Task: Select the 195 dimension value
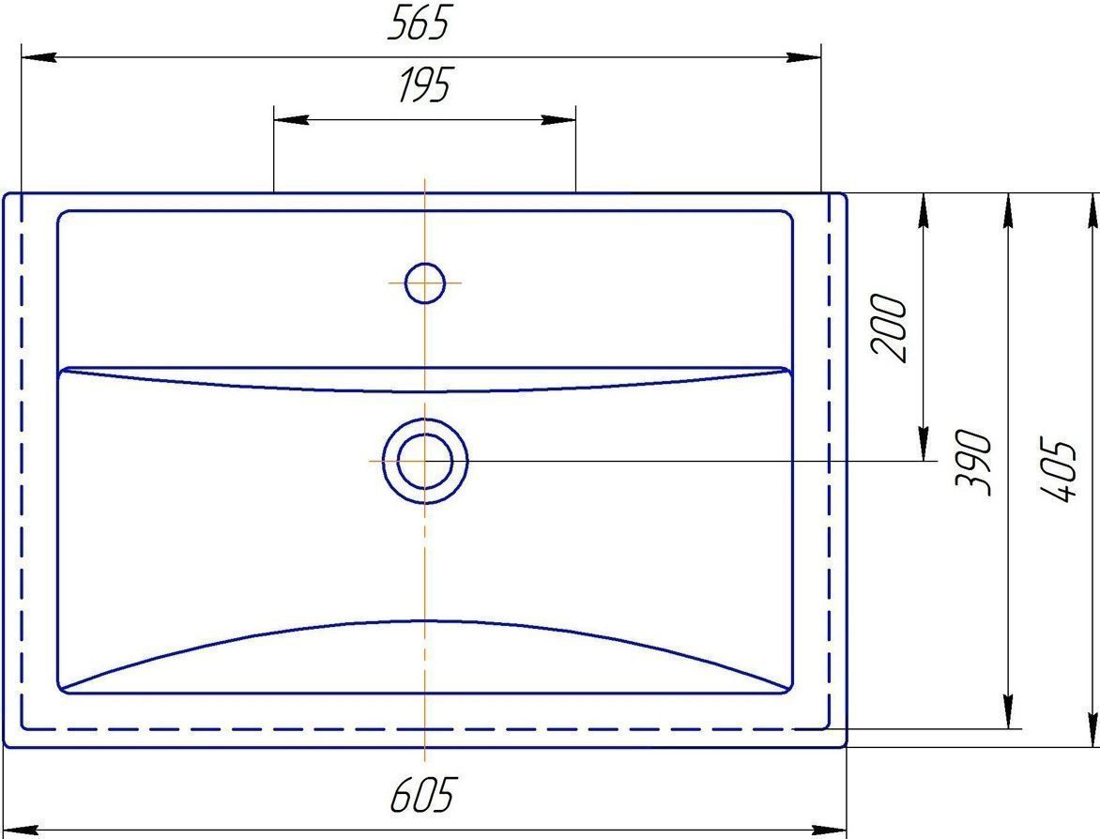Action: (x=425, y=84)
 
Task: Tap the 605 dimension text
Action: (x=421, y=795)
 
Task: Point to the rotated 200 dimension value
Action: (x=888, y=328)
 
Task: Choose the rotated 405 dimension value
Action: (x=1056, y=469)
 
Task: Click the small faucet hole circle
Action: (x=424, y=282)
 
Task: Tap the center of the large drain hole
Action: (x=424, y=461)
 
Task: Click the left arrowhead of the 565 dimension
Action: (x=38, y=57)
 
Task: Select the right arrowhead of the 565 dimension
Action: (x=803, y=57)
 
